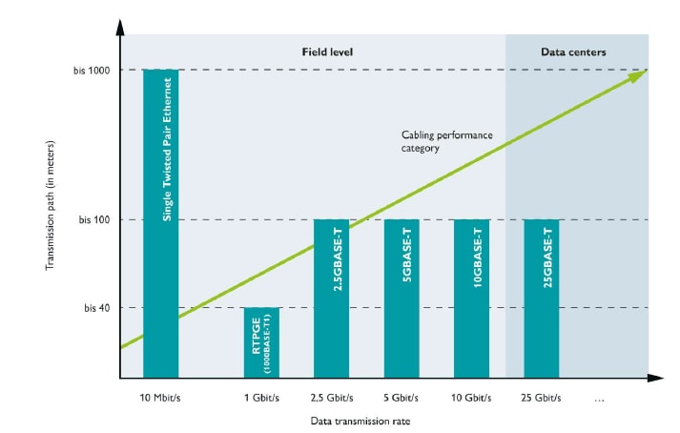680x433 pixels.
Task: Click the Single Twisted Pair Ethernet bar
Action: click(160, 223)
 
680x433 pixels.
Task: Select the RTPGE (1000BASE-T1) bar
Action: click(261, 342)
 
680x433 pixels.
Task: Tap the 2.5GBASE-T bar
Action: click(331, 299)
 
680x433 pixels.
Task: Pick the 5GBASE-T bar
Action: click(402, 299)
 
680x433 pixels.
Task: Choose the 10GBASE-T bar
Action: click(471, 299)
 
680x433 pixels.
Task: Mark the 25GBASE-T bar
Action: click(542, 299)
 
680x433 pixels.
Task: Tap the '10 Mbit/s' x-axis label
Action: click(160, 397)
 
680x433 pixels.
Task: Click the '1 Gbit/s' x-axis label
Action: click(261, 397)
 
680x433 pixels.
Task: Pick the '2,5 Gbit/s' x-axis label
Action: click(331, 397)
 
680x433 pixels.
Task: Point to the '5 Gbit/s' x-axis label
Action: click(402, 397)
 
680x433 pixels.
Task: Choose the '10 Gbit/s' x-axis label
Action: click(471, 397)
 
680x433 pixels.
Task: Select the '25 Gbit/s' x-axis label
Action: click(542, 397)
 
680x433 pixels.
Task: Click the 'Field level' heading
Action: click(327, 52)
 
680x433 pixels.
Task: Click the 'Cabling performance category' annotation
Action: click(446, 141)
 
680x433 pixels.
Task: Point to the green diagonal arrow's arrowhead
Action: click(640, 74)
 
